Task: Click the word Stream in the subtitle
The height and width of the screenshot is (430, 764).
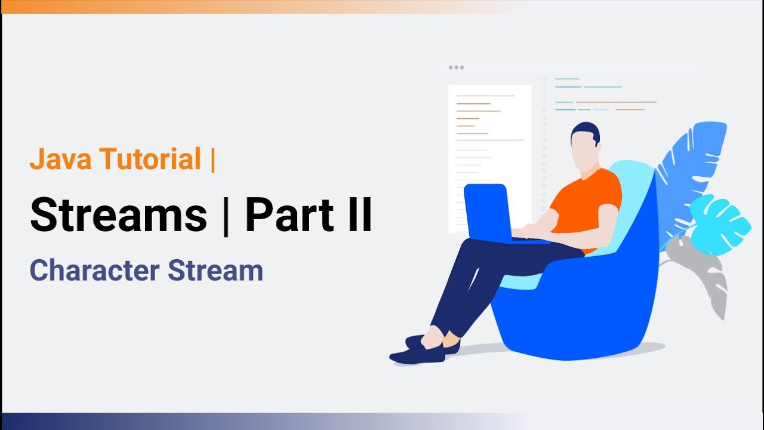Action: click(x=215, y=271)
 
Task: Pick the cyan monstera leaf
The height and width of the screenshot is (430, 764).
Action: click(x=719, y=218)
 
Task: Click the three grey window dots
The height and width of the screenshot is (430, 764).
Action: click(x=456, y=67)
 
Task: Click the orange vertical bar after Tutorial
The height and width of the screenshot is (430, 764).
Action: click(x=212, y=159)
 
